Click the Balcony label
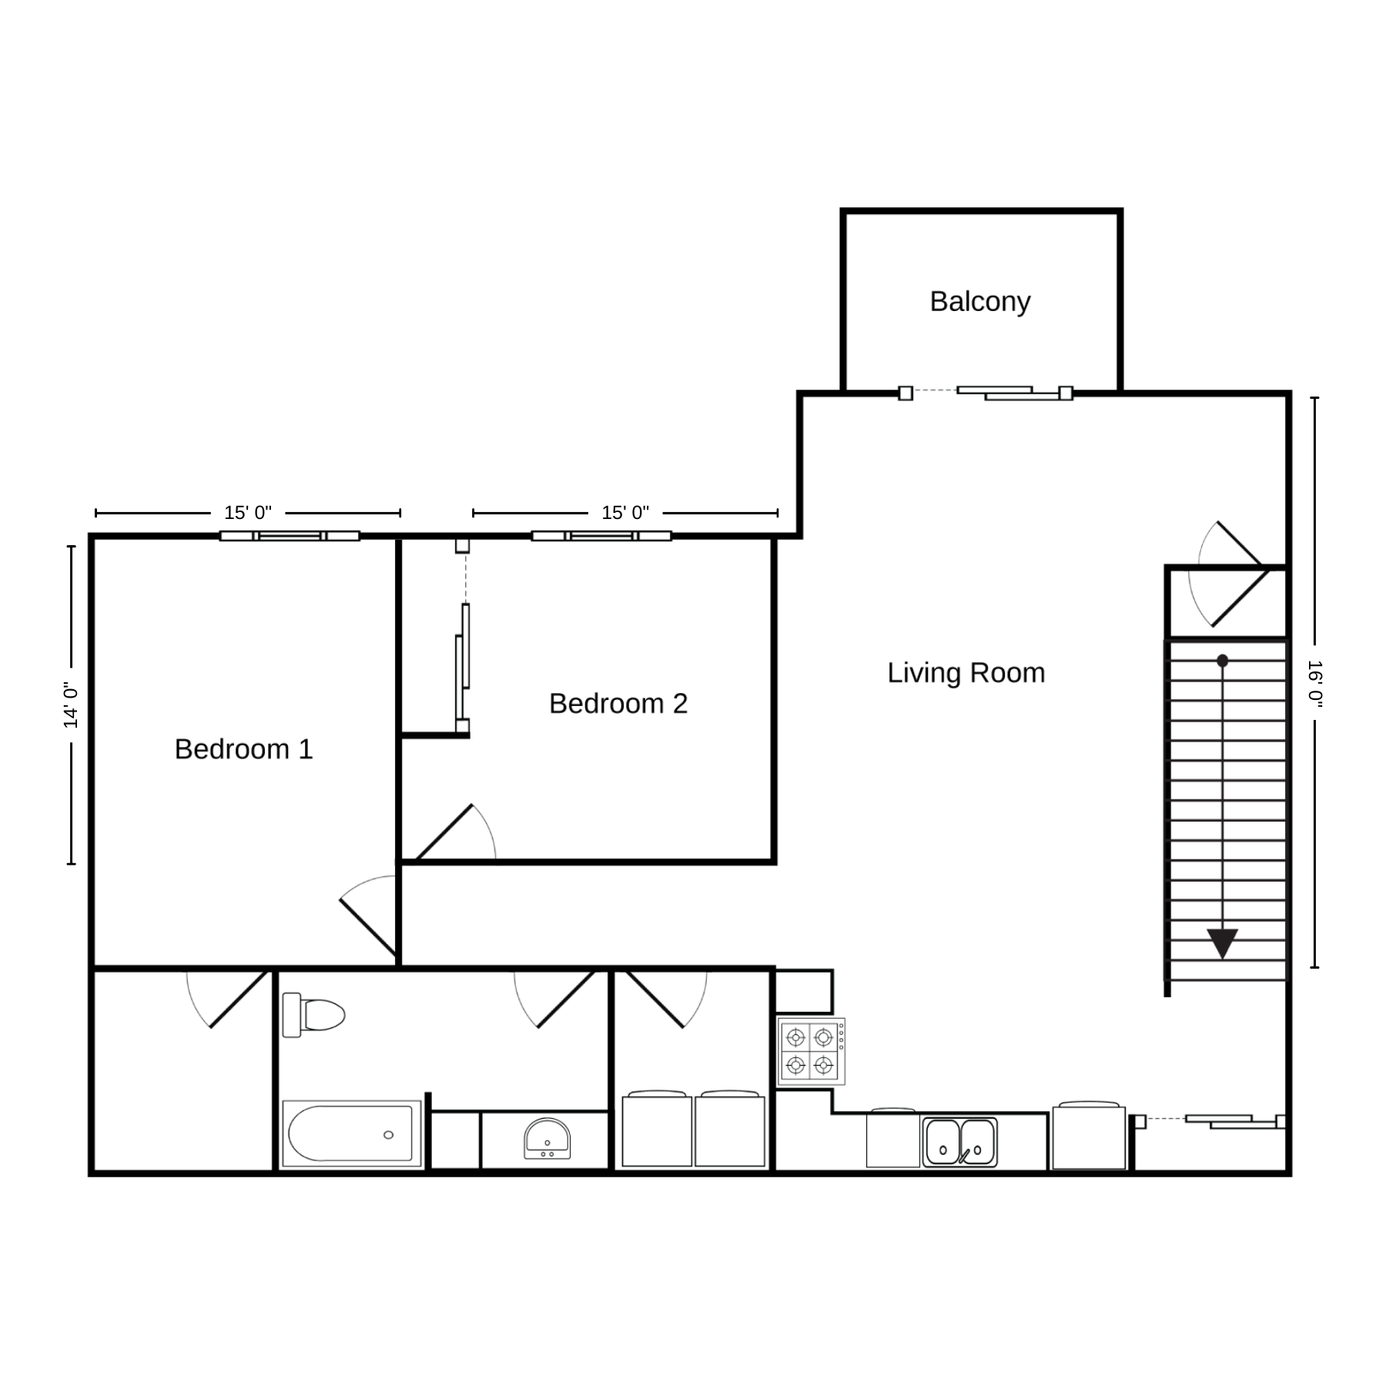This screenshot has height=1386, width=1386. pyautogui.click(x=979, y=302)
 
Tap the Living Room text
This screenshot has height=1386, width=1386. pyautogui.click(x=966, y=673)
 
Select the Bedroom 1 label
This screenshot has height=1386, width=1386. pyautogui.click(x=244, y=749)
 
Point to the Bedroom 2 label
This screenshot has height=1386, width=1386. pyautogui.click(x=618, y=704)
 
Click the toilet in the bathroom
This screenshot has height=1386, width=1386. pyautogui.click(x=313, y=1015)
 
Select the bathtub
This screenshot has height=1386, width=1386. pyautogui.click(x=352, y=1133)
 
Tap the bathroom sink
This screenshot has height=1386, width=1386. pyautogui.click(x=547, y=1138)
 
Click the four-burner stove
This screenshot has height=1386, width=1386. pyautogui.click(x=811, y=1052)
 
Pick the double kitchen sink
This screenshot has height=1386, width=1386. pyautogui.click(x=960, y=1142)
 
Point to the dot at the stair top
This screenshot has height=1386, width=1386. pyautogui.click(x=1222, y=661)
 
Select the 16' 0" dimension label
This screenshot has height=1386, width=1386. pyautogui.click(x=1314, y=683)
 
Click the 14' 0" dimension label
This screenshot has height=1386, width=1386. pyautogui.click(x=71, y=705)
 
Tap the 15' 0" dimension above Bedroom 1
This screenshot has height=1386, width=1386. pyautogui.click(x=248, y=513)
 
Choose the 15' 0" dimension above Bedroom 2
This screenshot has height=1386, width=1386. pyautogui.click(x=625, y=513)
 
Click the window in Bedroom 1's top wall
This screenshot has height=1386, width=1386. pyautogui.click(x=290, y=536)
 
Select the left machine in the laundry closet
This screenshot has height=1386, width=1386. pyautogui.click(x=657, y=1129)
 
